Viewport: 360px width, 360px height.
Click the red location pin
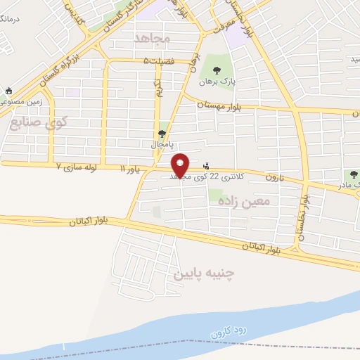click(x=181, y=164)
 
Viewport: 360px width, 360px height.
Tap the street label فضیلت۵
click(x=155, y=61)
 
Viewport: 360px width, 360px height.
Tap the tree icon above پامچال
click(x=163, y=133)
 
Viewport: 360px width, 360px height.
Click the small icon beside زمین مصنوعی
click(x=8, y=91)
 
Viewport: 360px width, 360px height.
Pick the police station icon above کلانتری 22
click(x=205, y=166)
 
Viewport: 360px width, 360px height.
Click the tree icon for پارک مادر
click(x=354, y=174)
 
